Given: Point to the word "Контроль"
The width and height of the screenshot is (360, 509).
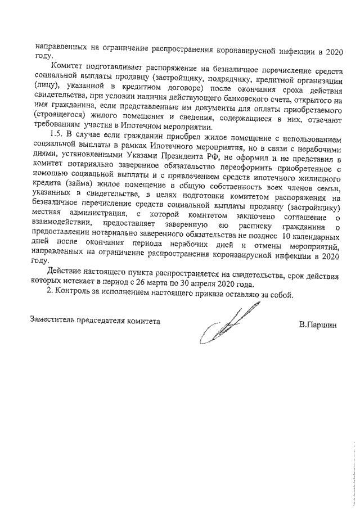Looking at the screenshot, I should click(78, 296).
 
